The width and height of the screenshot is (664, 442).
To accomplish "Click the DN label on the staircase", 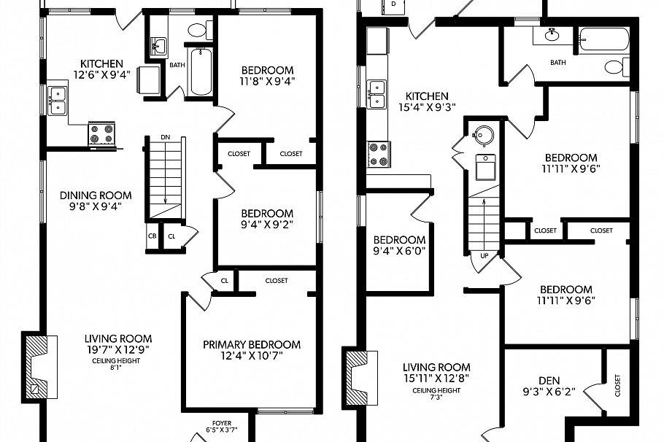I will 165,136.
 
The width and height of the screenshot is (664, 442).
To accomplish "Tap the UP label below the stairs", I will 484,255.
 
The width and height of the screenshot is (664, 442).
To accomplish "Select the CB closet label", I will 153,236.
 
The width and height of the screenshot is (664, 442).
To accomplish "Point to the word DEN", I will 549,379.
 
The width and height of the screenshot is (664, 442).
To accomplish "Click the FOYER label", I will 221,422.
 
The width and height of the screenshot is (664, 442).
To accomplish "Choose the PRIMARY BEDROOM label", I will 252,344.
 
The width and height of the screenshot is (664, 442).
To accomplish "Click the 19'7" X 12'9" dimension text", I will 118,349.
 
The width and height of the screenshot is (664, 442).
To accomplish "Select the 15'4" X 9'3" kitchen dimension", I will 427,107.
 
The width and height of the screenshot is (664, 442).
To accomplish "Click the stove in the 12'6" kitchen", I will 101,133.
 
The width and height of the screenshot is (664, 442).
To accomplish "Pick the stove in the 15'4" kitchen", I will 378,153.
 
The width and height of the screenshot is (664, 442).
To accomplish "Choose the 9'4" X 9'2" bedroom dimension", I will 268,225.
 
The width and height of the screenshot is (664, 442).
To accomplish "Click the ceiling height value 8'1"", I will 118,368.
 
